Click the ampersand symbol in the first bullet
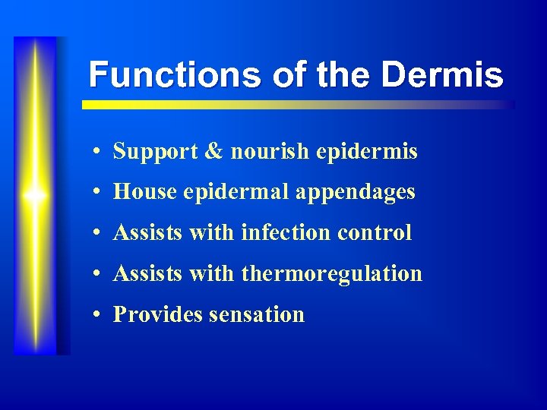coord(214,152)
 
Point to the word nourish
coord(270,152)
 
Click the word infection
coord(286,233)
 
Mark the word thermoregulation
coord(331,274)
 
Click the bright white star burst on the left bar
coord(35,196)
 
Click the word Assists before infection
coord(148,233)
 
